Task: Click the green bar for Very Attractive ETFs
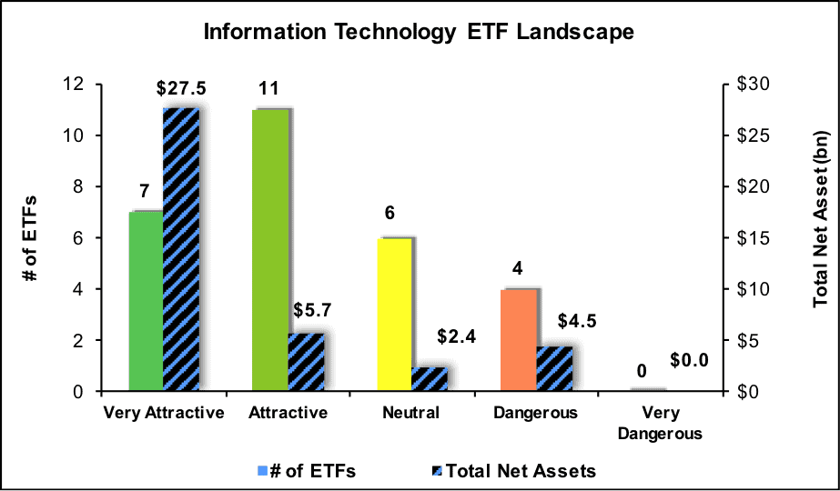tap(146, 302)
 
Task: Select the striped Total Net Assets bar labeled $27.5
tap(181, 249)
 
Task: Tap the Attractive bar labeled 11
tap(270, 250)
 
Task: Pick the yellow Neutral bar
tap(394, 315)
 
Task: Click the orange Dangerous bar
tap(519, 340)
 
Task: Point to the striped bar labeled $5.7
tap(307, 362)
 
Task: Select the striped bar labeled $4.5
tap(554, 369)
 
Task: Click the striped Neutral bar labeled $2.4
tap(430, 379)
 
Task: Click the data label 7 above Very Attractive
tap(144, 191)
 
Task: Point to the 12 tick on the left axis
tap(77, 85)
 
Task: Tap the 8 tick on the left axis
tap(83, 187)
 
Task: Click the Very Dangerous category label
tap(660, 423)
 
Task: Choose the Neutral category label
tap(410, 414)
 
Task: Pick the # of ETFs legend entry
tap(307, 471)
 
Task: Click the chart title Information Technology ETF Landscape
tap(419, 32)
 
